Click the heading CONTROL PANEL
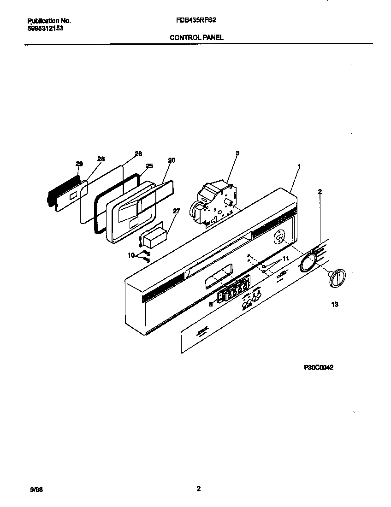click(196, 38)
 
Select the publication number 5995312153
click(45, 28)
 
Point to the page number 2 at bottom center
click(198, 489)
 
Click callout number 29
click(79, 164)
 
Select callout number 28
click(101, 159)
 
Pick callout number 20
click(172, 160)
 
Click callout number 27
click(176, 211)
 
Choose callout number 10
click(131, 255)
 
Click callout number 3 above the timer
click(237, 153)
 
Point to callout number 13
click(335, 304)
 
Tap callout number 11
click(285, 259)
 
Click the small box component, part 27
click(154, 239)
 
